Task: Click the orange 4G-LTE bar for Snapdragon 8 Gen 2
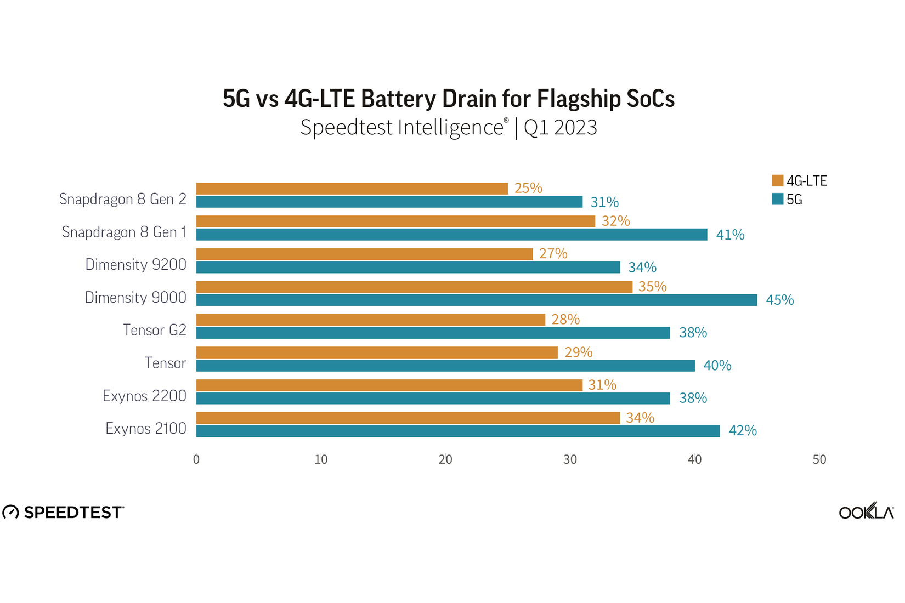pyautogui.click(x=352, y=189)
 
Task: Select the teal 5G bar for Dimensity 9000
pyautogui.click(x=476, y=300)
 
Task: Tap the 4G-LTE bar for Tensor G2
pyautogui.click(x=370, y=320)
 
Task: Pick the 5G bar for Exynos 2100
pyautogui.click(x=457, y=431)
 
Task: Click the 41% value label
pyautogui.click(x=730, y=235)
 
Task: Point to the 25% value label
pyautogui.click(x=528, y=188)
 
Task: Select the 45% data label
pyautogui.click(x=779, y=300)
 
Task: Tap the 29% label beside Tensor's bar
pyautogui.click(x=578, y=352)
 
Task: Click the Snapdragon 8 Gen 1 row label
pyautogui.click(x=124, y=232)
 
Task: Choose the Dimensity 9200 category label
pyautogui.click(x=135, y=265)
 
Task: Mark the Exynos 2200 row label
pyautogui.click(x=144, y=396)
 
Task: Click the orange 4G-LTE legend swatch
pyautogui.click(x=777, y=181)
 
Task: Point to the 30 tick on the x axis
pyautogui.click(x=570, y=459)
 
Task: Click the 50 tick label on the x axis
pyautogui.click(x=819, y=459)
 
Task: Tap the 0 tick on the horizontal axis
pyautogui.click(x=196, y=459)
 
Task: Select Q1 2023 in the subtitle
pyautogui.click(x=560, y=127)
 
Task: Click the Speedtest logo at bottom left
pyautogui.click(x=64, y=512)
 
